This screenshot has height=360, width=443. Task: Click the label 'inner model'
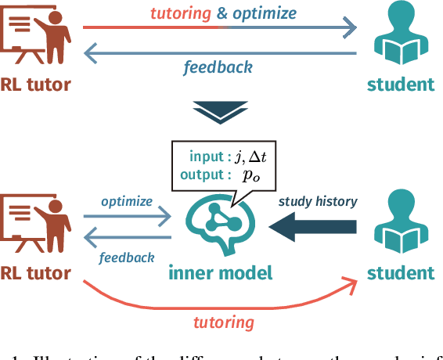click(x=220, y=272)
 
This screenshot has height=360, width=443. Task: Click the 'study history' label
click(x=318, y=201)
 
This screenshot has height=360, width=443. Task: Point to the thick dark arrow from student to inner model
click(x=313, y=226)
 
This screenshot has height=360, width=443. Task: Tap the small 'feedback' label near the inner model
click(x=127, y=257)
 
